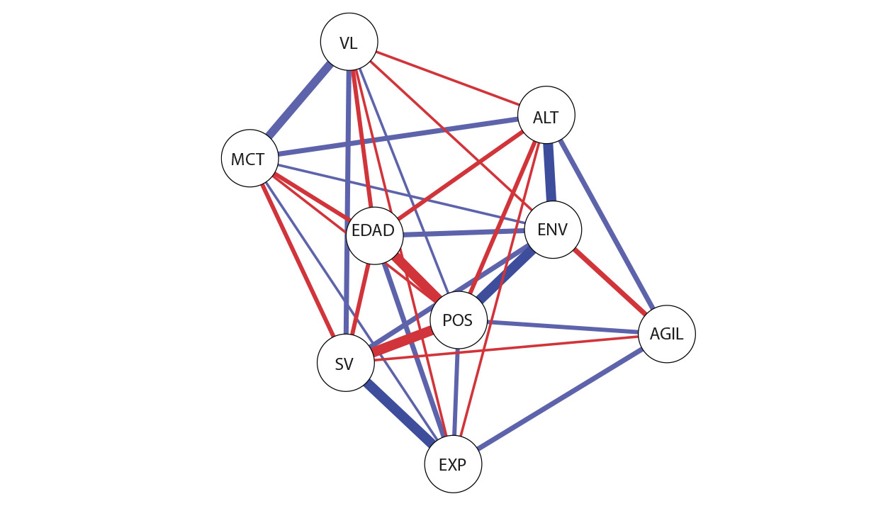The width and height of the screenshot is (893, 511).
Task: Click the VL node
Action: point(349,43)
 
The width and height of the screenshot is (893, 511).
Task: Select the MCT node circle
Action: point(249,158)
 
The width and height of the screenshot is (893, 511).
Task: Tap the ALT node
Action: point(546,116)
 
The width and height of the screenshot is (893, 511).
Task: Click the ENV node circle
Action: point(553,230)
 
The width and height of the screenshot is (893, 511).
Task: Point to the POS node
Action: point(458,320)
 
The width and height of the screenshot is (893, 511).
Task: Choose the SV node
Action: point(345,363)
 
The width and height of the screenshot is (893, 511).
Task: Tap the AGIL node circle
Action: point(666,334)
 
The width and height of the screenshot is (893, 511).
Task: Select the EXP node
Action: point(453,464)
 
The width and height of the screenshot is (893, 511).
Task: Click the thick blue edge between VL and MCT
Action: point(298,101)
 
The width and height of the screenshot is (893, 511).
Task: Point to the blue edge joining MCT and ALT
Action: point(397,137)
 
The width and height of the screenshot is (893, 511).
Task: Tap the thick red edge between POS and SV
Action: point(402,342)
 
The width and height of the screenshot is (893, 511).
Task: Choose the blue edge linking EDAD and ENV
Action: point(464,232)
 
